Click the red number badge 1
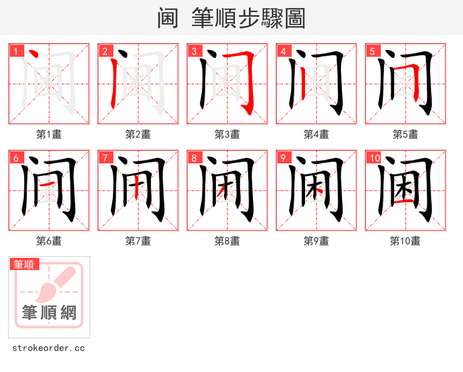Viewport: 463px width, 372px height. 16,51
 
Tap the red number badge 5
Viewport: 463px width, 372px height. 372,51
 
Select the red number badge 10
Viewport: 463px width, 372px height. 374,158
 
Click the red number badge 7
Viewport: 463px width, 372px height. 105,158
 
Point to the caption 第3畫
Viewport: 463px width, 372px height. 227,134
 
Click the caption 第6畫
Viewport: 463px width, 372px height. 49,241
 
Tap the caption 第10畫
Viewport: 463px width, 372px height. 405,241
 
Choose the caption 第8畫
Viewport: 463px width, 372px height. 227,241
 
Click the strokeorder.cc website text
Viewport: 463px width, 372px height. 49,348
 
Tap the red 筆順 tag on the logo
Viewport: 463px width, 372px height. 25,264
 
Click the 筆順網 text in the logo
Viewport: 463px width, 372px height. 49,313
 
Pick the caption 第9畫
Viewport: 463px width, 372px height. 316,241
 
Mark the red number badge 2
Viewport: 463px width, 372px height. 105,51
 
